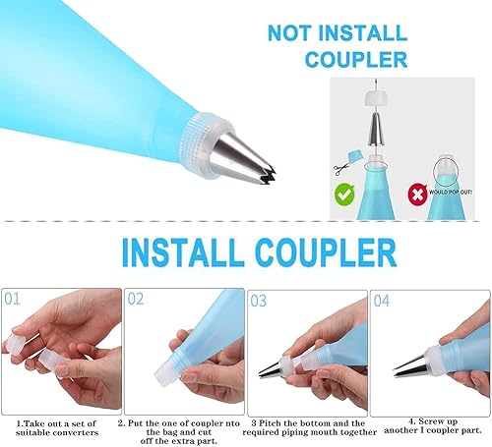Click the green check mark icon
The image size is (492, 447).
click(x=344, y=195)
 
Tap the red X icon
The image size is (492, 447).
click(x=417, y=195)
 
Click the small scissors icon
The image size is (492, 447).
click(x=341, y=170)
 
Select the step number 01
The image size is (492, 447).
click(x=12, y=299)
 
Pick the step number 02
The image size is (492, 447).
click(x=136, y=299)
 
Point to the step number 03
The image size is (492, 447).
click(x=259, y=301)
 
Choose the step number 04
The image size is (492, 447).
click(x=382, y=301)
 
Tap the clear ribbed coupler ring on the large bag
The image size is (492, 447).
click(x=206, y=145)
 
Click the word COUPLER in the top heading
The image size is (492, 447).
click(x=356, y=59)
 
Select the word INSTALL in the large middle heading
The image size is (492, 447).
click(x=183, y=252)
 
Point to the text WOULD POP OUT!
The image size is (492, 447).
click(x=451, y=193)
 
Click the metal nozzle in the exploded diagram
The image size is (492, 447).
click(x=376, y=129)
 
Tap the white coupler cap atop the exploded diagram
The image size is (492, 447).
click(x=376, y=98)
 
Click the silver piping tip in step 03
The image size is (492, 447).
click(x=271, y=368)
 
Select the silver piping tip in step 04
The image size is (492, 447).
click(x=410, y=365)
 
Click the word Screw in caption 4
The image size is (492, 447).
click(x=438, y=421)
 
